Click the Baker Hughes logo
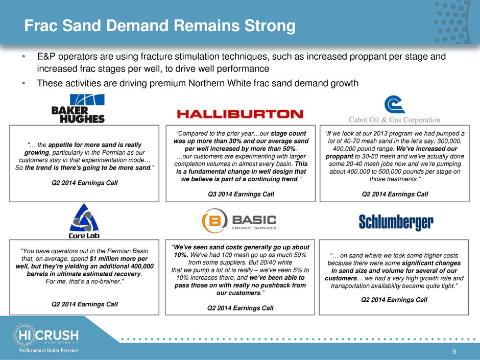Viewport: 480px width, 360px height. click(78, 108)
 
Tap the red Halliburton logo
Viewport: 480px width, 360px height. click(240, 114)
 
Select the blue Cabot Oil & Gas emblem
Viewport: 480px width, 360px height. click(395, 104)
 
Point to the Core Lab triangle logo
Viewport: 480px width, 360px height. click(84, 218)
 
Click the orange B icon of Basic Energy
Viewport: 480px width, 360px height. click(215, 221)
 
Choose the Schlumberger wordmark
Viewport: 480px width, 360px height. click(396, 222)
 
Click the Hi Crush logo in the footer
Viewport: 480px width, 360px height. click(46, 335)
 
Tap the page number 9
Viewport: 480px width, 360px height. click(454, 352)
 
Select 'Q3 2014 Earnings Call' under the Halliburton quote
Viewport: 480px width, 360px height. click(241, 194)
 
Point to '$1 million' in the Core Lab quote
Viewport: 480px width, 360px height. click(104, 259)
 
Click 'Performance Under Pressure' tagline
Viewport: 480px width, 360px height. click(49, 350)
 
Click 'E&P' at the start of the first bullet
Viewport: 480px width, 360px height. click(46, 57)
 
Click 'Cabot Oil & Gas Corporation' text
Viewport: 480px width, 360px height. click(395, 119)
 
